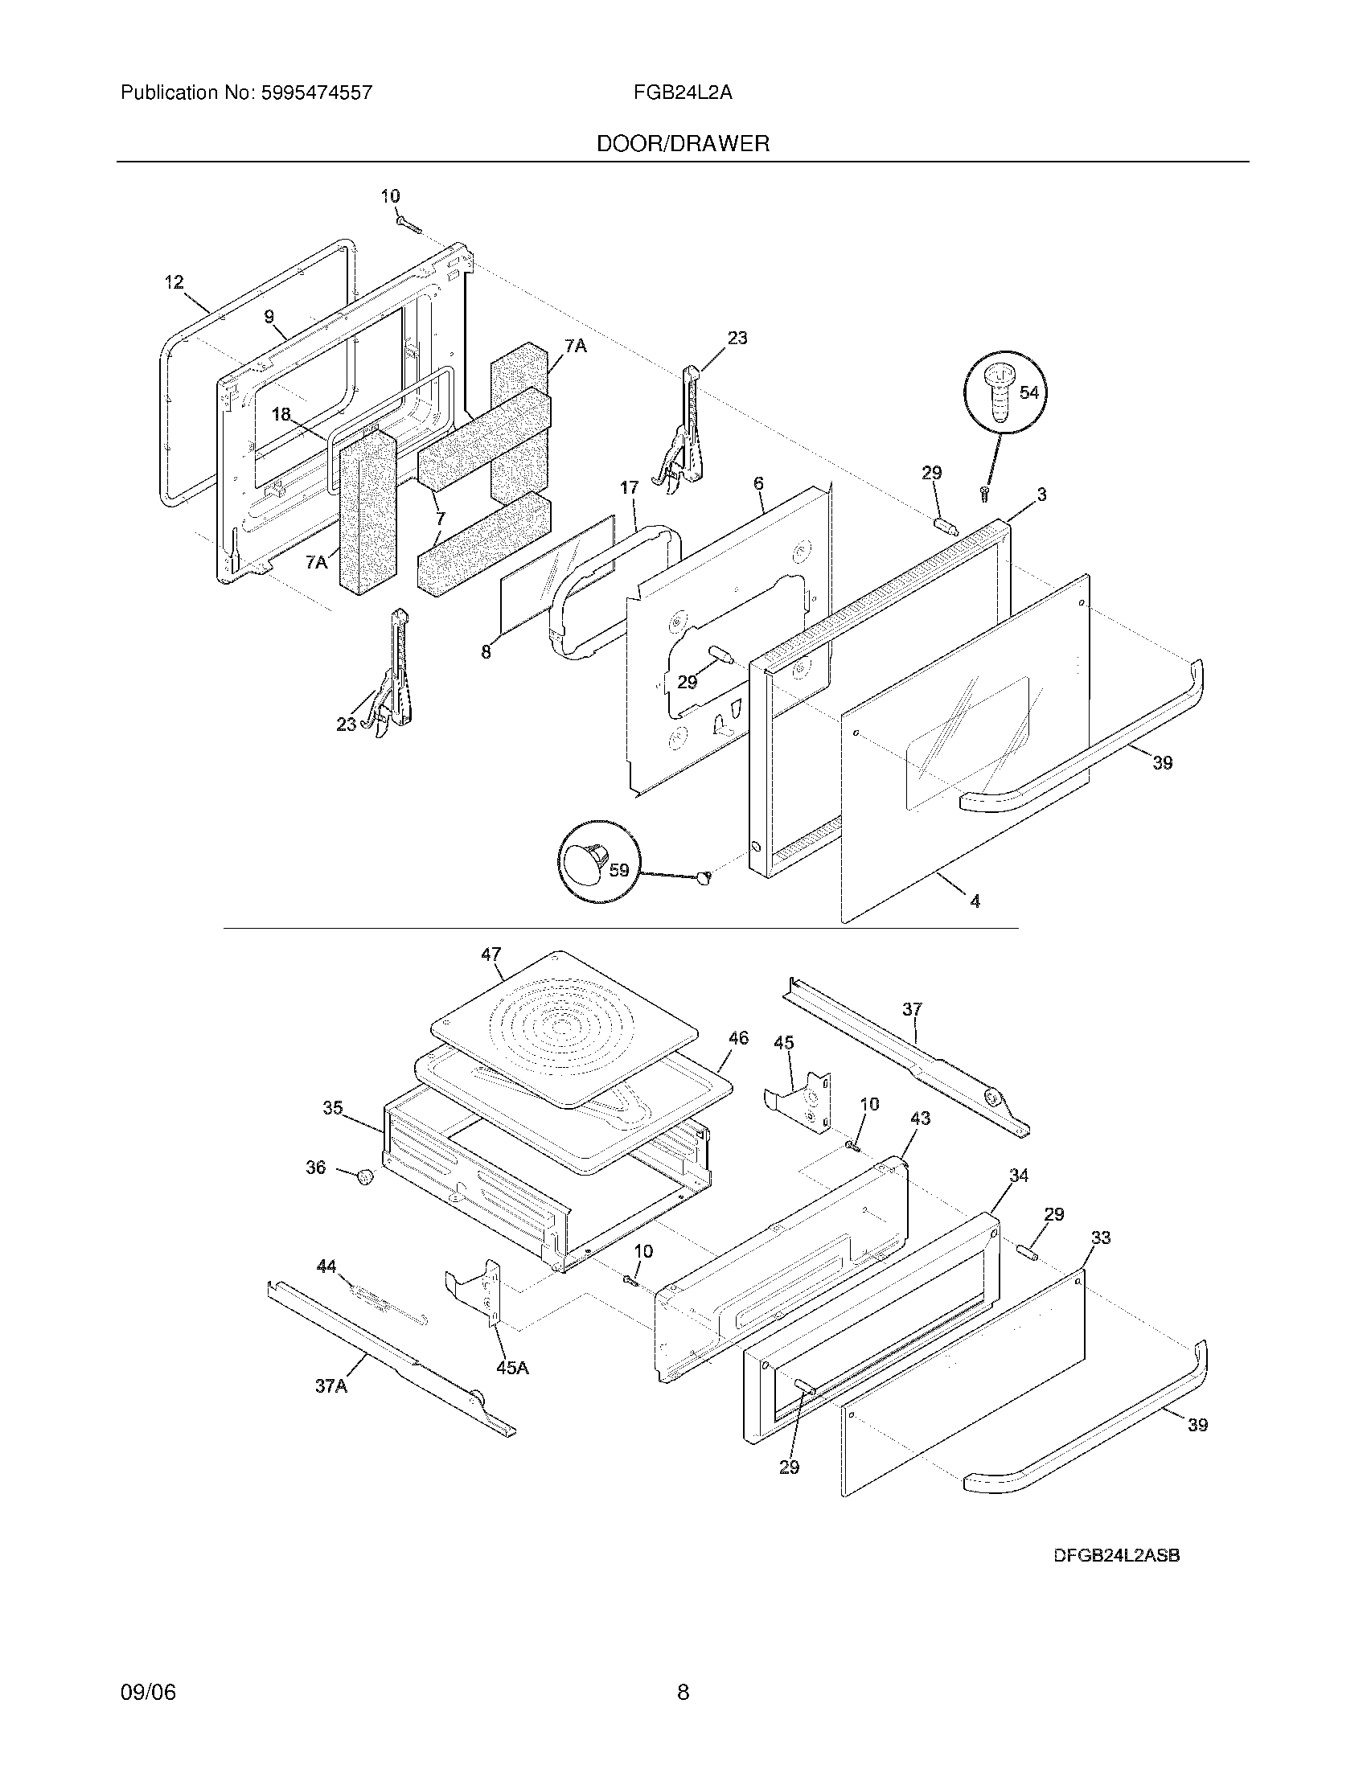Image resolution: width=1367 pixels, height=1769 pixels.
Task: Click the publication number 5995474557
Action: tap(317, 93)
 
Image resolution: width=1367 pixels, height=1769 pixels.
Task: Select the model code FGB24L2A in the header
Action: tap(683, 93)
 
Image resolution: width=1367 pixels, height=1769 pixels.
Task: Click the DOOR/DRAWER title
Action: tap(683, 144)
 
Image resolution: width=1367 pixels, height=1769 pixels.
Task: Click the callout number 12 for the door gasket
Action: tap(174, 283)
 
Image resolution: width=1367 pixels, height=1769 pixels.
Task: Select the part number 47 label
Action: tap(491, 954)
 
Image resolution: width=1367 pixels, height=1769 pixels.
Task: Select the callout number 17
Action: tap(630, 487)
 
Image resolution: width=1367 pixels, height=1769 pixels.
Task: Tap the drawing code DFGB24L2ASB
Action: tap(1116, 1554)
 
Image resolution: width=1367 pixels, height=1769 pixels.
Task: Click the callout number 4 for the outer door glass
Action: tap(975, 901)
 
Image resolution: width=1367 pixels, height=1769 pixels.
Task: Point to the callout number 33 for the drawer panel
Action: tap(1101, 1237)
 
